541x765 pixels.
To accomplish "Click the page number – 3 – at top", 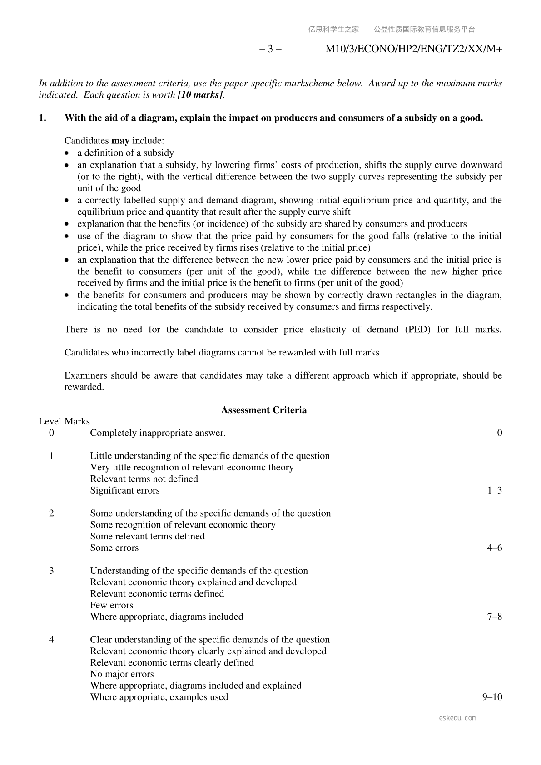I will (270, 49).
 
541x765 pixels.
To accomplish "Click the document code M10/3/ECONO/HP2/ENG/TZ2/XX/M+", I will (413, 49).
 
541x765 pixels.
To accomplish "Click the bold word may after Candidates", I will (120, 141).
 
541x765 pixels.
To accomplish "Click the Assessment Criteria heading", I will (263, 410).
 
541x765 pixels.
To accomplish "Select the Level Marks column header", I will (64, 421).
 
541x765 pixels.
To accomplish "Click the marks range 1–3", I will (494, 490).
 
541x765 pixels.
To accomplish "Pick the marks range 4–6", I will (494, 548).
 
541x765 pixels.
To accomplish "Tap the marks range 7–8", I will (494, 617).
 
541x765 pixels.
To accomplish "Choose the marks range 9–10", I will (492, 697).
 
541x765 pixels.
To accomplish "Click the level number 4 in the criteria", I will (51, 640).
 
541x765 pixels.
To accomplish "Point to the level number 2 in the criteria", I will (51, 513).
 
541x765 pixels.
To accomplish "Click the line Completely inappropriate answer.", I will (158, 433).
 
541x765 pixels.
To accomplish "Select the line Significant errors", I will (125, 490).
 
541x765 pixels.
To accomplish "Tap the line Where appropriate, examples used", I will (159, 697).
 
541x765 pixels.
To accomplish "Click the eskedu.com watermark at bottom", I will (457, 718).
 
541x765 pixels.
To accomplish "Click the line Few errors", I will (112, 605).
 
